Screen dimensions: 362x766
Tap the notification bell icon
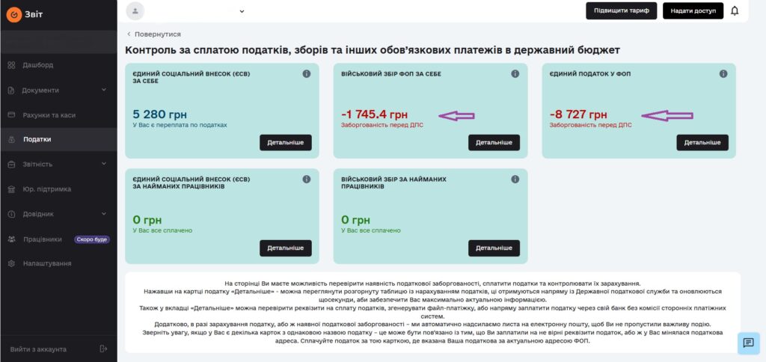pos(735,10)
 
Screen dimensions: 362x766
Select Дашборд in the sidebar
pos(37,65)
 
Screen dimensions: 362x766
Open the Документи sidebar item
pos(40,90)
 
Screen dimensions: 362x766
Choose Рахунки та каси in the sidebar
pos(49,115)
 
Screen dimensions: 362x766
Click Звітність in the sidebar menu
pos(37,164)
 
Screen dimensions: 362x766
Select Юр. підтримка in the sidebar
pos(46,189)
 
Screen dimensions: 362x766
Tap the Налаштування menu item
pos(46,263)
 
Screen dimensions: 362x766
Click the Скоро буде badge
pos(91,239)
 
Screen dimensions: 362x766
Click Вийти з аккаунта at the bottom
pos(38,349)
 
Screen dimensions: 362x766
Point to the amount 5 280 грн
pos(160,114)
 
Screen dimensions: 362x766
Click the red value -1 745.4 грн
pos(374,114)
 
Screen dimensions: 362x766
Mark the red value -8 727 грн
pos(578,114)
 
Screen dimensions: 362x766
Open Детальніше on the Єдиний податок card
pos(702,142)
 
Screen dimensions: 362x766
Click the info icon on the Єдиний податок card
pos(723,74)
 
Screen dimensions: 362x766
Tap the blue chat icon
pos(748,343)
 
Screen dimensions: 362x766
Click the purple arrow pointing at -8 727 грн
pos(668,115)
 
